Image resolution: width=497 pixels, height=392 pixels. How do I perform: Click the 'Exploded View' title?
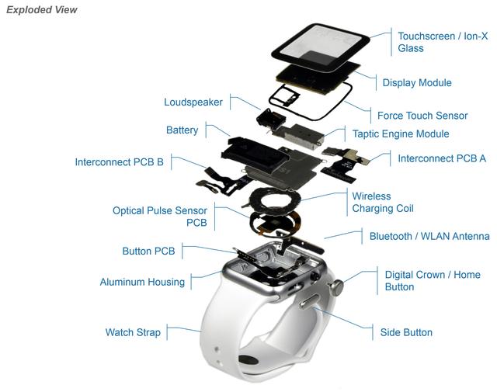tap(41, 10)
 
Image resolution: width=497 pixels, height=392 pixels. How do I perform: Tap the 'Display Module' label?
tap(416, 82)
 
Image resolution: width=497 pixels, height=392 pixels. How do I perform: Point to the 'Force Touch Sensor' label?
tap(422, 116)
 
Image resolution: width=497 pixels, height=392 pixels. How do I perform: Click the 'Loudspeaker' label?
tap(193, 102)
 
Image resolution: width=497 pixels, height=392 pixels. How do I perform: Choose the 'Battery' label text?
tap(182, 130)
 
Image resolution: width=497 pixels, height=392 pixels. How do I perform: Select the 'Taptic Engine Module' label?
tap(401, 134)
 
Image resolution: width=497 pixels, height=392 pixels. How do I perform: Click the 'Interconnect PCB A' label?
tap(442, 158)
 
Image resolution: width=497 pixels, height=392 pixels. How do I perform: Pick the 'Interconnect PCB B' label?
tap(119, 162)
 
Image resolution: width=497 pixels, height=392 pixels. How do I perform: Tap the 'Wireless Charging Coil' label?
tap(383, 203)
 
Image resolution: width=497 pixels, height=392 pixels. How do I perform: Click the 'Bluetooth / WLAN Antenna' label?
tap(429, 236)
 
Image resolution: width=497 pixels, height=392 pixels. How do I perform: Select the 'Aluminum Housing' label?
tap(142, 282)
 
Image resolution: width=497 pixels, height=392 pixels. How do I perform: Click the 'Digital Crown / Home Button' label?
tap(433, 281)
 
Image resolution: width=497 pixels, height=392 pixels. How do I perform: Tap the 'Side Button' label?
tap(406, 332)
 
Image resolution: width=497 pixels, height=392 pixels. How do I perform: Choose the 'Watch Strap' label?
tap(133, 332)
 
